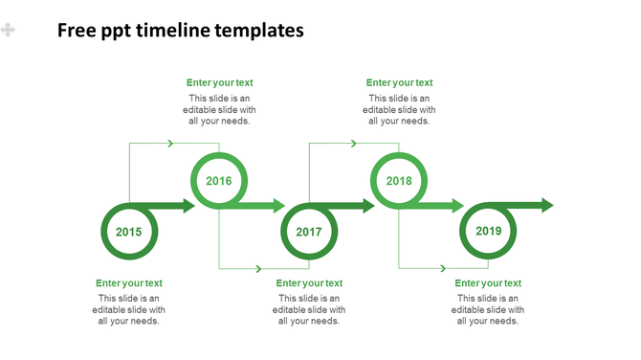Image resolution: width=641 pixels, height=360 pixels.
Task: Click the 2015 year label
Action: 128,232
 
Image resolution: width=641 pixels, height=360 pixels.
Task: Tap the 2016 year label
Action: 219,180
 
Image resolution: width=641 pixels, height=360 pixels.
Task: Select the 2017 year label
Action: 308,232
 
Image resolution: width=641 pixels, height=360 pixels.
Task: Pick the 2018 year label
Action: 399,180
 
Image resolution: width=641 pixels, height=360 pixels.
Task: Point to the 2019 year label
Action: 488,231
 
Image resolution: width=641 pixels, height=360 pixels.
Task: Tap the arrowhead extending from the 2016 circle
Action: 277,205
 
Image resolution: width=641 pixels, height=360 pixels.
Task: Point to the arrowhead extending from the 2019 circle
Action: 546,205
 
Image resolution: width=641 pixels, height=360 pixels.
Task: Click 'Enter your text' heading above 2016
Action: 220,83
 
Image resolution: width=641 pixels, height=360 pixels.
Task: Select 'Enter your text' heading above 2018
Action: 399,83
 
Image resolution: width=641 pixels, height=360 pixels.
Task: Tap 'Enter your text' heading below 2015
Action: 129,283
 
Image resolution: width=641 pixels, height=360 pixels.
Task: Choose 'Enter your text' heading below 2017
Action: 309,283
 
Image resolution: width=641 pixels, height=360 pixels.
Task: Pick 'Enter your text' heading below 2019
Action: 488,283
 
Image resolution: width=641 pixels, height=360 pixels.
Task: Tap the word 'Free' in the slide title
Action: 76,31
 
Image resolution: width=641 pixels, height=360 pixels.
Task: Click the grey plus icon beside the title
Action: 9,31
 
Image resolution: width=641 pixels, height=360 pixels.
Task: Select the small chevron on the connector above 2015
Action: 170,144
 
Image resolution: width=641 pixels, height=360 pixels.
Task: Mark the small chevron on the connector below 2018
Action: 441,268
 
